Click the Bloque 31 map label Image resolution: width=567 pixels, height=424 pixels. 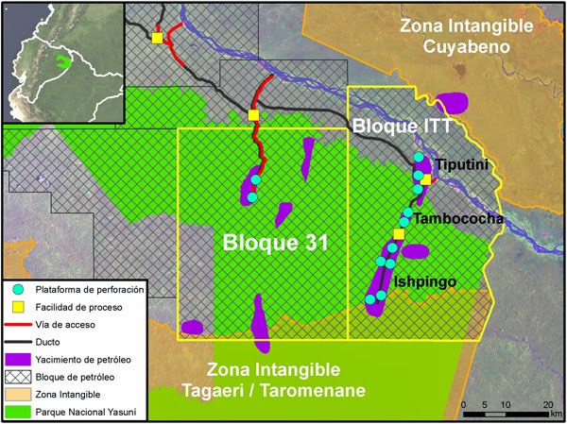[275, 242]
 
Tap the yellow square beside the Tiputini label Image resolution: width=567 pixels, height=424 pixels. [425, 179]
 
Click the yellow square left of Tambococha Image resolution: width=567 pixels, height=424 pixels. [399, 233]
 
